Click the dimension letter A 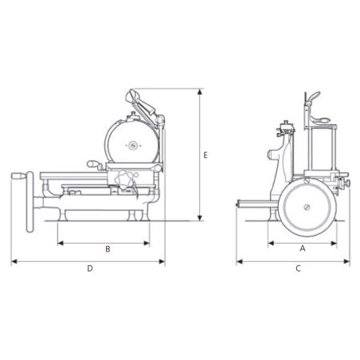click(301, 248)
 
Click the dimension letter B click(108, 248)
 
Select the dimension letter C click(298, 268)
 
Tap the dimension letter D click(90, 268)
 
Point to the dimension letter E click(205, 155)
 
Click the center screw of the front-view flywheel click(306, 209)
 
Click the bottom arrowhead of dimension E click(198, 219)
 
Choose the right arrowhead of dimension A click(335, 241)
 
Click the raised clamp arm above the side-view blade click(144, 102)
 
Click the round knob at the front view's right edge click(346, 185)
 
